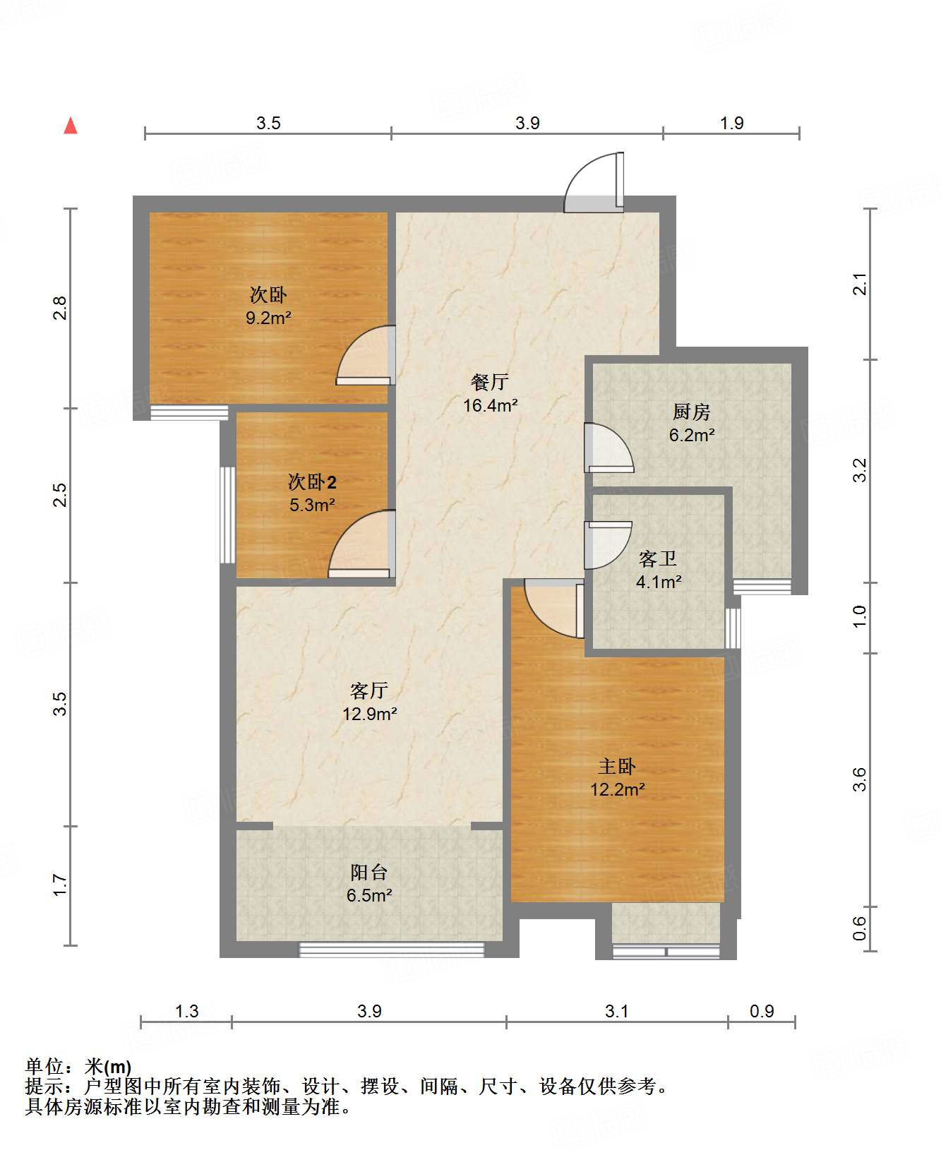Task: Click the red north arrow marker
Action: tap(71, 126)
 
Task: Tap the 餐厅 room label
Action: tap(490, 382)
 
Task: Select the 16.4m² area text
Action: tap(491, 405)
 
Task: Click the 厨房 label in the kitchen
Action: tap(691, 412)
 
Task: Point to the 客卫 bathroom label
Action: tap(658, 558)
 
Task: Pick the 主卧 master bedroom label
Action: tap(618, 766)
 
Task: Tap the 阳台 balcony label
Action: tap(368, 872)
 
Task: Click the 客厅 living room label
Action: tap(369, 690)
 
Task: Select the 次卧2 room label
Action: tap(312, 482)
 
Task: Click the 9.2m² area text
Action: tap(268, 318)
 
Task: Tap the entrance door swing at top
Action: tap(594, 182)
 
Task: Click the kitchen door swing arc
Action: tap(609, 448)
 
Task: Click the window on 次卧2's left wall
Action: tap(227, 515)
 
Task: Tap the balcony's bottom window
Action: tap(392, 950)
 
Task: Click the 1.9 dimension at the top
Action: tap(732, 123)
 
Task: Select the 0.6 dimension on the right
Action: tap(859, 928)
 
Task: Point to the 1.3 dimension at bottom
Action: tap(186, 1011)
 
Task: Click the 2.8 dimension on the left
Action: tap(60, 309)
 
